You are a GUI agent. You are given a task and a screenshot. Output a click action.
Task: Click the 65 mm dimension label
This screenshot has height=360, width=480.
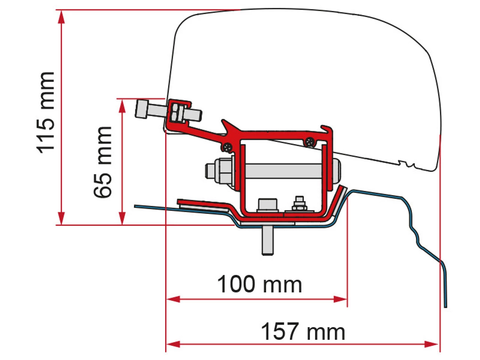[x=103, y=162]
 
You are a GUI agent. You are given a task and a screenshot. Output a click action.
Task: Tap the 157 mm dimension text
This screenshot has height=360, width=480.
[x=303, y=332]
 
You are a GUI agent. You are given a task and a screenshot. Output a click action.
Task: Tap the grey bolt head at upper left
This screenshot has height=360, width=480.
[x=142, y=109]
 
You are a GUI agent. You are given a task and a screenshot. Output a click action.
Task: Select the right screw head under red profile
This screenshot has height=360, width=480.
[x=310, y=142]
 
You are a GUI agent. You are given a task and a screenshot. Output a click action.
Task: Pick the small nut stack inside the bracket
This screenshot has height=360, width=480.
[x=299, y=204]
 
